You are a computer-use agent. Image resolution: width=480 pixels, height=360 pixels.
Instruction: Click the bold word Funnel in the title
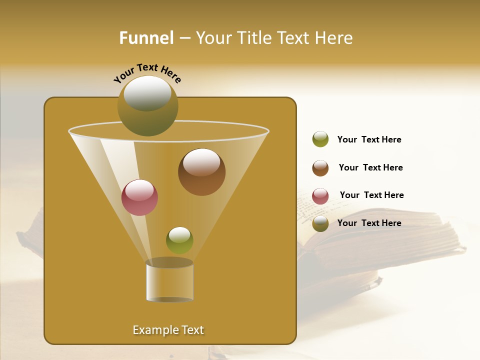[x=146, y=38]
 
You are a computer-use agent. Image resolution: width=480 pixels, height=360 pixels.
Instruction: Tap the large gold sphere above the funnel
[x=147, y=106]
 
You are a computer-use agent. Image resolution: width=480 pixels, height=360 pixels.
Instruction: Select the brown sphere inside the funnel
[x=201, y=172]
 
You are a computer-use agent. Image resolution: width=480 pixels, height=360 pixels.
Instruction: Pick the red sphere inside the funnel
[x=139, y=197]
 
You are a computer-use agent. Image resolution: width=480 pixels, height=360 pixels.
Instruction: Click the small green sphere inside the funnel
[x=179, y=240]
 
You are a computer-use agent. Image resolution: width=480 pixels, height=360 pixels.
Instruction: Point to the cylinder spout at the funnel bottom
[x=169, y=281]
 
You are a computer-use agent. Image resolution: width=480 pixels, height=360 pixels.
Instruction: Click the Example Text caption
[x=168, y=330]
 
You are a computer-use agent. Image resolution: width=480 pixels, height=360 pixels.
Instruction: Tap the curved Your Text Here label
[x=147, y=73]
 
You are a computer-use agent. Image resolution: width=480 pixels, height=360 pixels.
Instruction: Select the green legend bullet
[x=320, y=139]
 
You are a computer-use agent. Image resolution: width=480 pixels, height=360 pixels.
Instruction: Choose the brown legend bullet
[x=320, y=168]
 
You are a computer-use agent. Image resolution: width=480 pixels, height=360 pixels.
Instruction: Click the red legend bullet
[x=320, y=196]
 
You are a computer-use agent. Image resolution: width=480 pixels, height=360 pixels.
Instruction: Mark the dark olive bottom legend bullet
[x=320, y=224]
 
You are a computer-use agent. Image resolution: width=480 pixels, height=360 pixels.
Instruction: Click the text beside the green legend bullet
[x=369, y=140]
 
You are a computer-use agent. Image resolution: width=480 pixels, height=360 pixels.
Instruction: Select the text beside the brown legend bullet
[x=370, y=168]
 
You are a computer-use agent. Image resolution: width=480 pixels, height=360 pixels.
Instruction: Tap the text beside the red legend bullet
[x=371, y=195]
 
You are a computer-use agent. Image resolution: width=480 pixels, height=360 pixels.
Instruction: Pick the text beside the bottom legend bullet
[x=369, y=223]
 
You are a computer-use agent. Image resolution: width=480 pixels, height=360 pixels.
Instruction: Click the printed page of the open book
[x=320, y=210]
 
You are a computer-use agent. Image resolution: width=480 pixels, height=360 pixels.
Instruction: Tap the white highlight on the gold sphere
[x=147, y=92]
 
